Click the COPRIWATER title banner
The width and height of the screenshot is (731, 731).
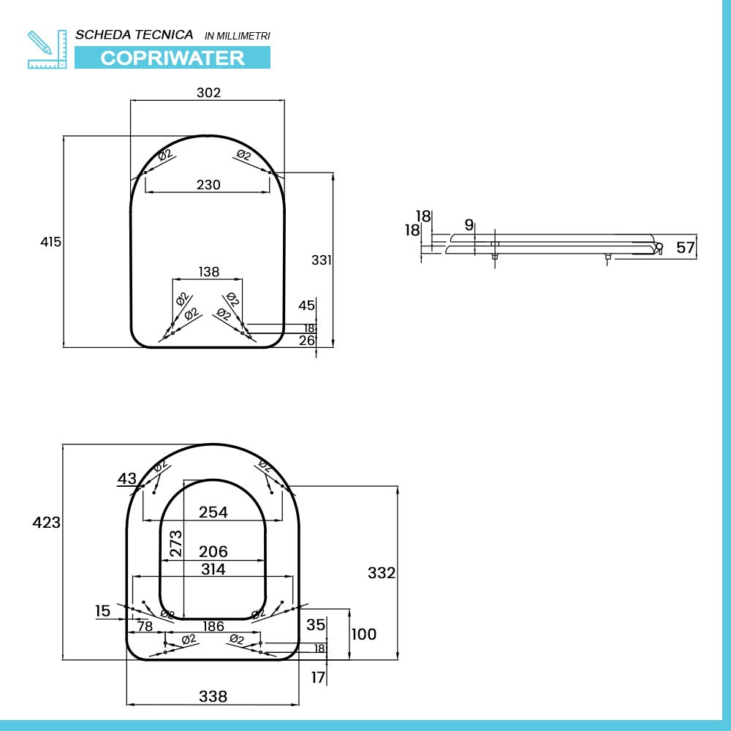(x=173, y=58)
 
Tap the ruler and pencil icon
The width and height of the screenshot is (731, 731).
(x=47, y=49)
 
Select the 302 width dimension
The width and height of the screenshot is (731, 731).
(x=208, y=93)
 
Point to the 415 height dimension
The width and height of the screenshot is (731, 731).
(x=51, y=242)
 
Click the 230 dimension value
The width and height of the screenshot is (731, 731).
(x=208, y=185)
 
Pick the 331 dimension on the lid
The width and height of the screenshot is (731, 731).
(x=322, y=260)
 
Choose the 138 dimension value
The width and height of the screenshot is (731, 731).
(x=208, y=272)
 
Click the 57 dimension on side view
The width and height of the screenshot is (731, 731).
(x=685, y=248)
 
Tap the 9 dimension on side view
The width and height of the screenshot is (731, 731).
(x=469, y=224)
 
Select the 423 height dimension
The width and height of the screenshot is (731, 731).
(x=47, y=523)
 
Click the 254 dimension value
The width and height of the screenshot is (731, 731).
(x=213, y=512)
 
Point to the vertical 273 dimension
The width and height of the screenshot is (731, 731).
(x=176, y=544)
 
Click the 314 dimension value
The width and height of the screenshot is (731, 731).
(x=213, y=569)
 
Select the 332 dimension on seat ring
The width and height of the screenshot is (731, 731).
(x=382, y=573)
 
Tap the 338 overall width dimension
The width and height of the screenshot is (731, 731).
(x=213, y=697)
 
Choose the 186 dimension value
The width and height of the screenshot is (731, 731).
(x=213, y=626)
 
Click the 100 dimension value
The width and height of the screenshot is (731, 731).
(x=364, y=634)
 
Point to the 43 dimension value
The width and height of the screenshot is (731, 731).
(x=127, y=479)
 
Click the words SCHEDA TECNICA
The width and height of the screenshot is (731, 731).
(x=135, y=34)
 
